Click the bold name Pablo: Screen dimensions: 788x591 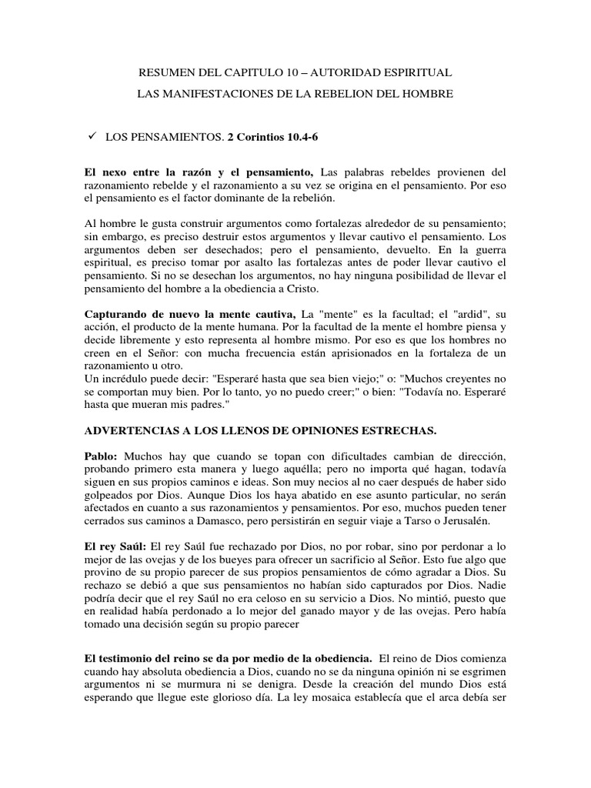click(102, 456)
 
